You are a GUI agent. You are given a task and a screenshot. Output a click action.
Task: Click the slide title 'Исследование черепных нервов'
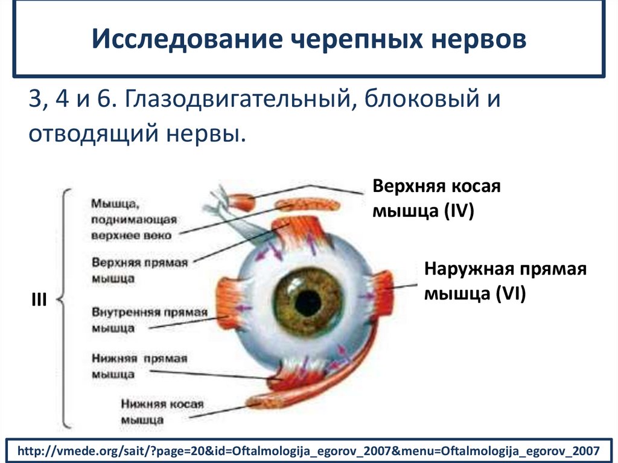[308, 40]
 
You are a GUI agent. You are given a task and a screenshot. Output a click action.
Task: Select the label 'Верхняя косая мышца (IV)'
[436, 198]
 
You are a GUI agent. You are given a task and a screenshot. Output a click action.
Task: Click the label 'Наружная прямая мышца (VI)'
[506, 281]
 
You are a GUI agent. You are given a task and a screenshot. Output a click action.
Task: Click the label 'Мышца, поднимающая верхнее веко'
[133, 218]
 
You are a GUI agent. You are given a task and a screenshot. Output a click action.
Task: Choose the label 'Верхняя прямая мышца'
[140, 270]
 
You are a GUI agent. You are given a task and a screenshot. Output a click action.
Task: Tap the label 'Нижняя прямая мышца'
[139, 366]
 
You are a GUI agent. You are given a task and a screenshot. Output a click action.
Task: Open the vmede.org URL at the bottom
[308, 450]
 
